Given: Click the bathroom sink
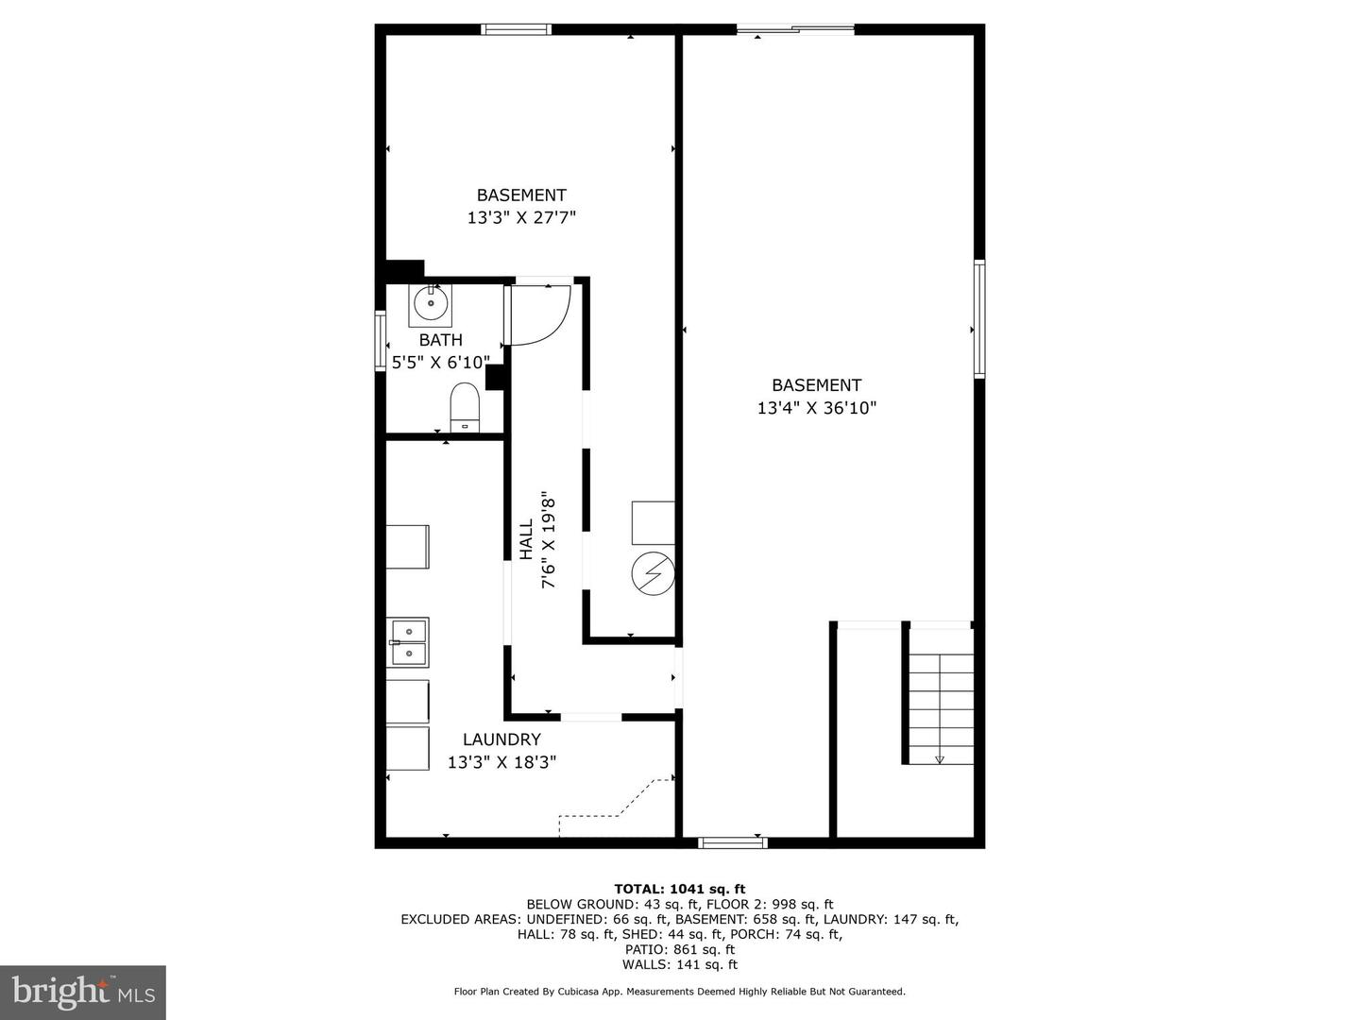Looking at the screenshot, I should click(430, 304).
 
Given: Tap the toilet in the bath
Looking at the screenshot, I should click(465, 407).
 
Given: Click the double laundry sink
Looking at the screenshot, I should click(408, 641).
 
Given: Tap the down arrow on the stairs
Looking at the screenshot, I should click(940, 757).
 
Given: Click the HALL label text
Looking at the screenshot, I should click(526, 539).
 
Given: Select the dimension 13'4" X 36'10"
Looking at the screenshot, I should click(817, 408).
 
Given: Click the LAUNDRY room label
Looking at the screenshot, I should click(501, 739).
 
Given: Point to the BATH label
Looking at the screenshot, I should click(441, 340).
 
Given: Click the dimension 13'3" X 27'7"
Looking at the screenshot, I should click(521, 218).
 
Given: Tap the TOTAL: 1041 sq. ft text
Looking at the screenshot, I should click(679, 889).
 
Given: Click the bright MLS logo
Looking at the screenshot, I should click(83, 992).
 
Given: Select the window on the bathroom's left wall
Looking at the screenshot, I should click(381, 341).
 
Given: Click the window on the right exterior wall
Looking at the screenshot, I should click(979, 319).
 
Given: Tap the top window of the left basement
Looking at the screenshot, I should click(517, 29).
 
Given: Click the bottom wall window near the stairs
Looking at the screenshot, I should click(732, 841).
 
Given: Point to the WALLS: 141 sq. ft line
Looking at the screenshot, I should click(679, 964).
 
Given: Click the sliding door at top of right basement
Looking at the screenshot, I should click(795, 29).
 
